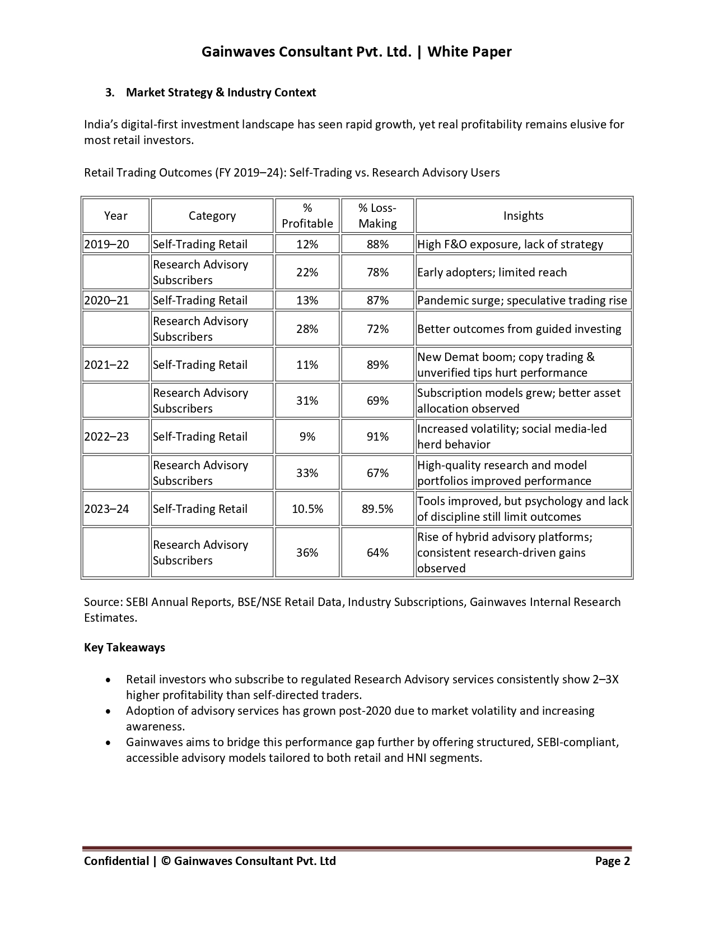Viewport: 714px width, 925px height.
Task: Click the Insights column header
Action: [x=523, y=216]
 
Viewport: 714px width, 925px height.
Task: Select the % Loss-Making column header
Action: [x=377, y=216]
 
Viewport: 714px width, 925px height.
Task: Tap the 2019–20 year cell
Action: [x=107, y=244]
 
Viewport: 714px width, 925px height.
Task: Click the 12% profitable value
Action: [x=307, y=244]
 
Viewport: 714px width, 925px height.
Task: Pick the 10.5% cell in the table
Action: [x=307, y=509]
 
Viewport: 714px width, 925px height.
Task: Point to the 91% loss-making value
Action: [x=377, y=437]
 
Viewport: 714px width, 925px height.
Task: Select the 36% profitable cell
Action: [x=307, y=553]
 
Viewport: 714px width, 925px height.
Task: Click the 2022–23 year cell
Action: [x=107, y=437]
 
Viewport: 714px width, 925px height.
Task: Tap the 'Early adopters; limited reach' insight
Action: [x=492, y=272]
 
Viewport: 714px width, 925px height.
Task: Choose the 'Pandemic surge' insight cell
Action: [x=522, y=300]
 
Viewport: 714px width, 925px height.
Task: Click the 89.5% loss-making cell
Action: [x=377, y=509]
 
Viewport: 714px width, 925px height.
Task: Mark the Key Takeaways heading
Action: [x=124, y=647]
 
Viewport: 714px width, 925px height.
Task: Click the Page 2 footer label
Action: [x=612, y=861]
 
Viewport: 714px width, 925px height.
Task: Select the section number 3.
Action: [x=110, y=92]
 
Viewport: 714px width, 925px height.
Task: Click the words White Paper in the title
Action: [x=469, y=52]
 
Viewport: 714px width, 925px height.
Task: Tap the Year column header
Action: [x=116, y=216]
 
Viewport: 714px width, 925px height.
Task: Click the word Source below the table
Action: [x=102, y=602]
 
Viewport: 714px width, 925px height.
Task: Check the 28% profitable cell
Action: [x=307, y=329]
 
